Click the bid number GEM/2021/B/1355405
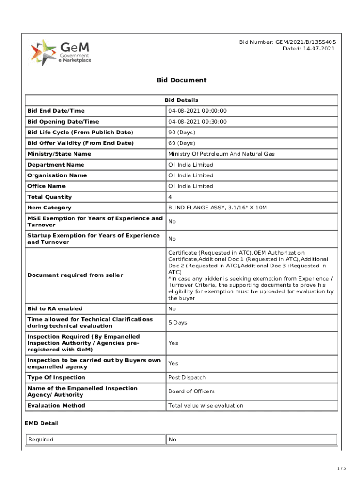point(288,42)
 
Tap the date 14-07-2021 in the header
point(309,49)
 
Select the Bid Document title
point(181,80)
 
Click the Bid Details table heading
point(181,100)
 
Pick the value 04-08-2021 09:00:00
point(198,111)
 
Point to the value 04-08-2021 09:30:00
point(198,122)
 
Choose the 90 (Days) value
point(181,133)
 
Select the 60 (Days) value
point(181,143)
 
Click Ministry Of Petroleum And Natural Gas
point(222,154)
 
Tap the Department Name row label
point(56,165)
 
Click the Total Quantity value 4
point(170,197)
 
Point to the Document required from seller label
point(75,275)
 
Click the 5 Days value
point(178,323)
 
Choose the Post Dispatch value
point(187,377)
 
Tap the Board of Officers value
point(191,391)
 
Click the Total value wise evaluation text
point(206,405)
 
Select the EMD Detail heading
point(42,423)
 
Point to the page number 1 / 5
point(342,468)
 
